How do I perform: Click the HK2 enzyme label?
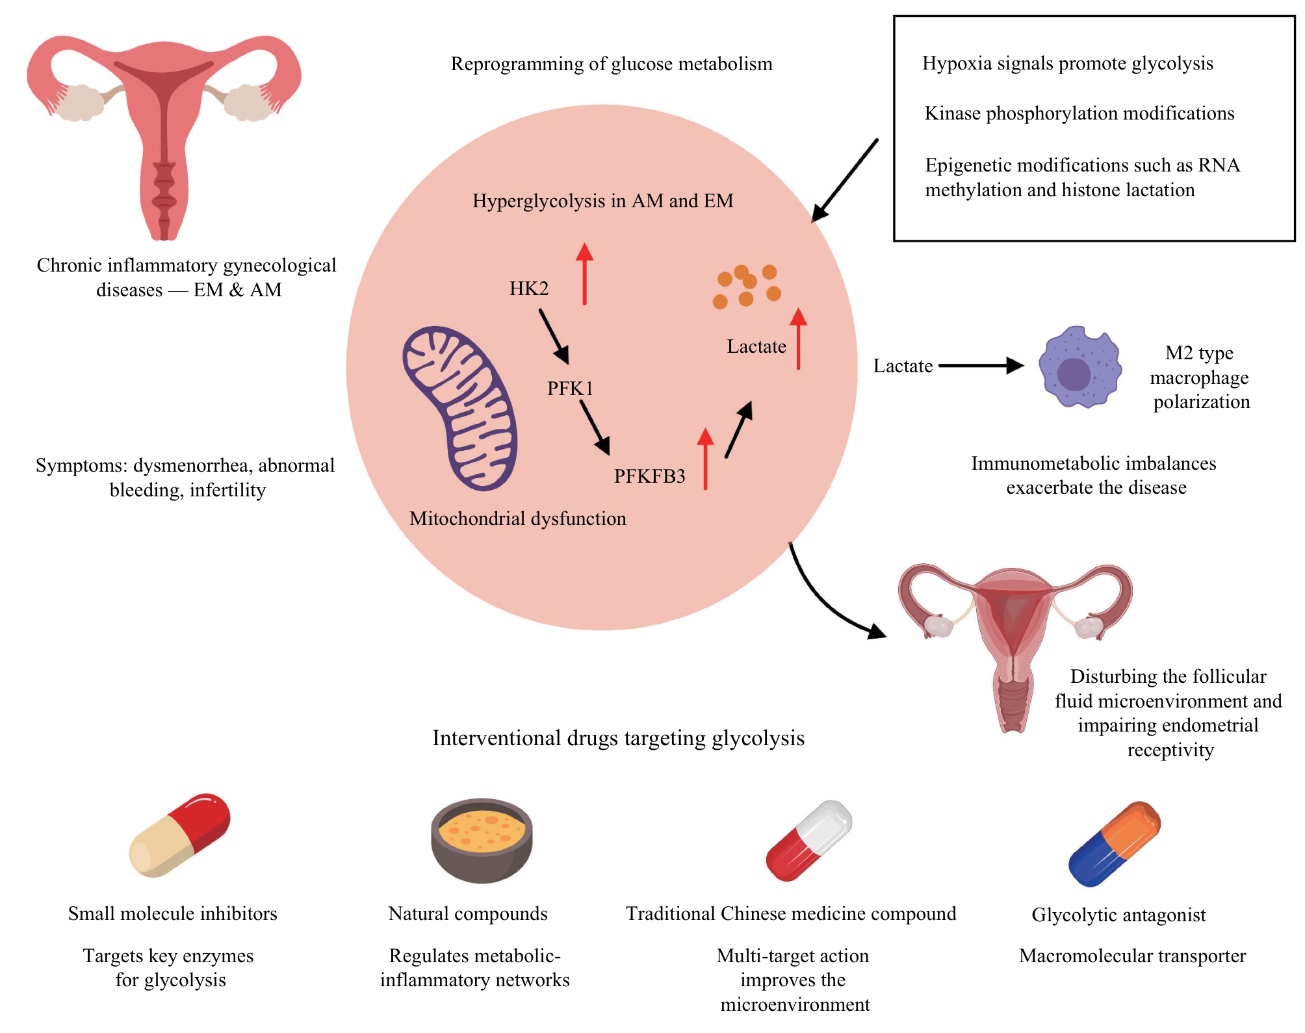(x=529, y=288)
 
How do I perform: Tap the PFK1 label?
(x=570, y=389)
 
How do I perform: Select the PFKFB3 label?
(x=649, y=476)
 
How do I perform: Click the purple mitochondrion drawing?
(x=459, y=408)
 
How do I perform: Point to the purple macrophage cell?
(x=1079, y=367)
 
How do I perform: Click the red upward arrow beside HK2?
(x=584, y=274)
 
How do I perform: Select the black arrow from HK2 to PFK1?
(x=554, y=336)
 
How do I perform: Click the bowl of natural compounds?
(x=482, y=840)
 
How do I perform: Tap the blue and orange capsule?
(x=1114, y=844)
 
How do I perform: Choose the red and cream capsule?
(x=180, y=835)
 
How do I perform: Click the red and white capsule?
(x=808, y=841)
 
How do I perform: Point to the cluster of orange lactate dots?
(x=747, y=286)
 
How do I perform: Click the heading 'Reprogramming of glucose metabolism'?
(x=612, y=64)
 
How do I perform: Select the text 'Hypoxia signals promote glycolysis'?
(x=1067, y=64)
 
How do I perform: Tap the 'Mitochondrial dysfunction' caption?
(x=517, y=518)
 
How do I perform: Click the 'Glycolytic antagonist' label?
(x=1118, y=915)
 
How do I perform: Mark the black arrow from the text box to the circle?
(x=844, y=181)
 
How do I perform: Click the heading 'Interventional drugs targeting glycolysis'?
(x=618, y=738)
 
